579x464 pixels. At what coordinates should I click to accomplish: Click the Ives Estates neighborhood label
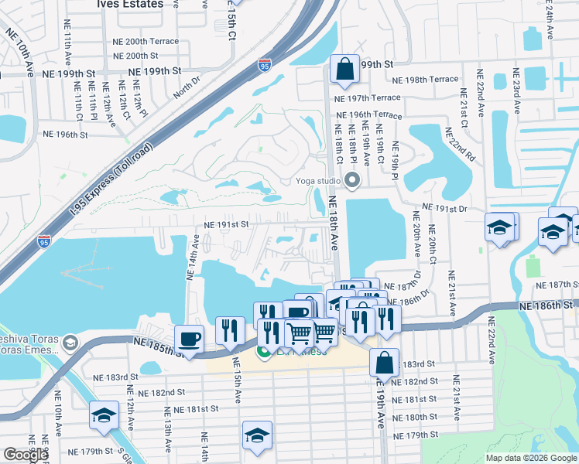131,4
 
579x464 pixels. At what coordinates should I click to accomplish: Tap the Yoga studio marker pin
353,182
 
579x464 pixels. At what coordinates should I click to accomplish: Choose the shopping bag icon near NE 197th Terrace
344,70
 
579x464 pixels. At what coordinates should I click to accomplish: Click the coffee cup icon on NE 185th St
189,339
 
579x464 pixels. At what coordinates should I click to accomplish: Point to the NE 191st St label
225,224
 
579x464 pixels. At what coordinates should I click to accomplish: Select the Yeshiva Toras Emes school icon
70,343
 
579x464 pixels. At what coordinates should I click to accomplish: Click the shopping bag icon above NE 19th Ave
384,362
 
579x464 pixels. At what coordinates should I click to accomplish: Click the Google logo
25,455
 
